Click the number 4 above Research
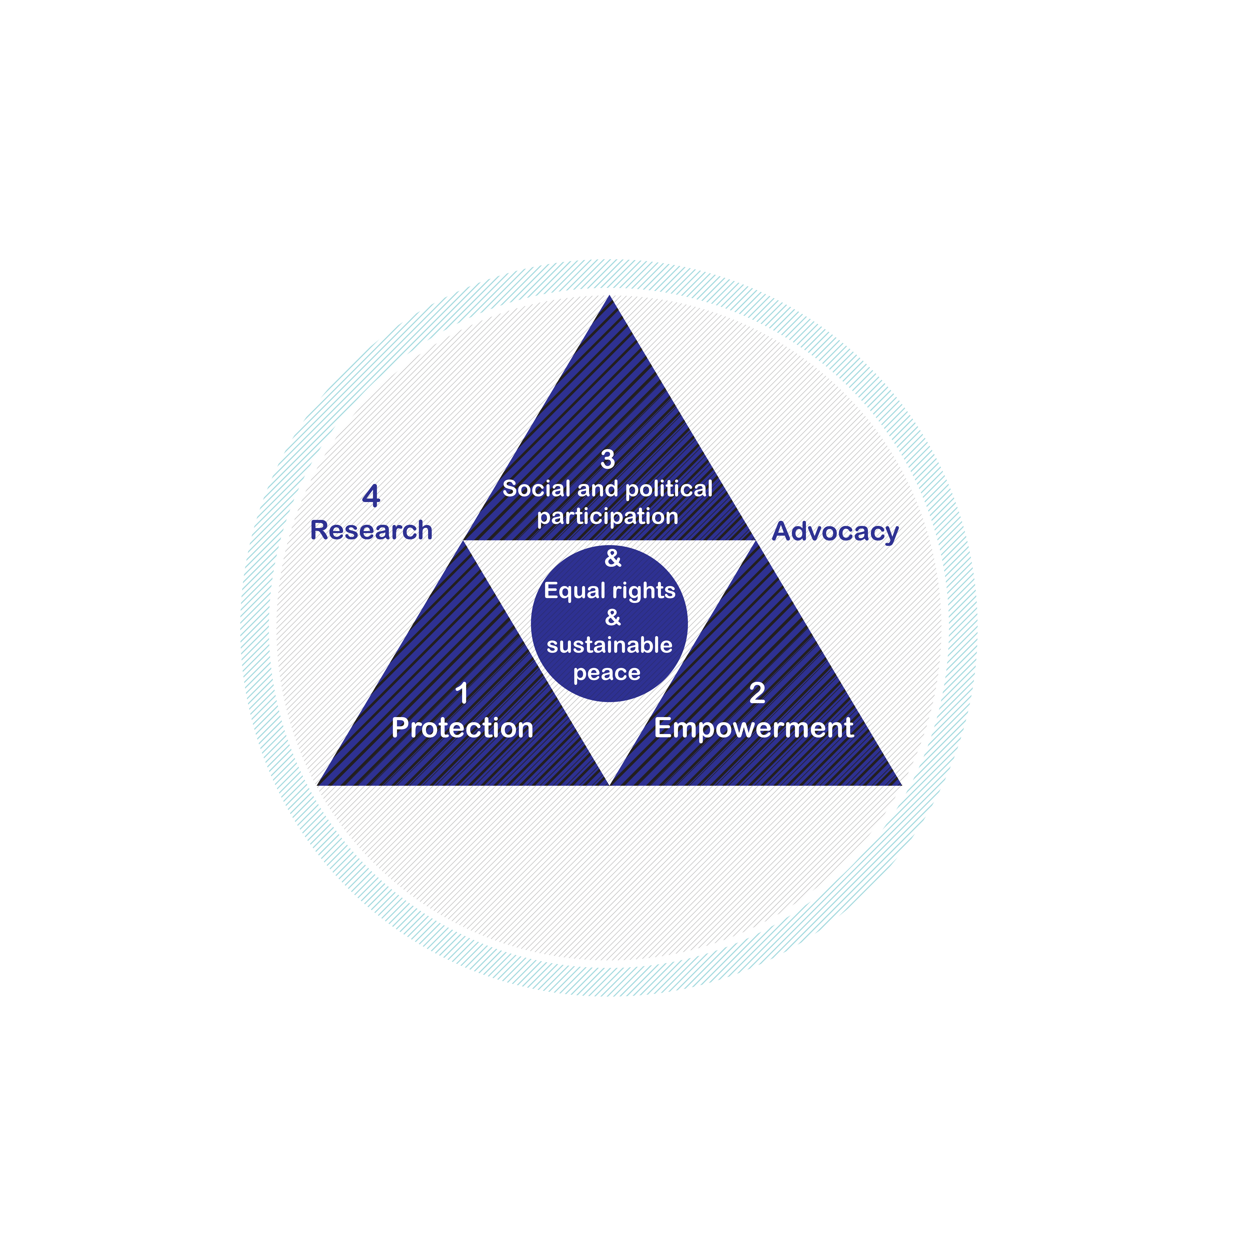(371, 496)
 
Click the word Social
(537, 489)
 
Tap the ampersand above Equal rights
(613, 558)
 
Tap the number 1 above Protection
(461, 693)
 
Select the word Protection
(462, 728)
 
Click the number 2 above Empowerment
(757, 692)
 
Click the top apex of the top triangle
(610, 296)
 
